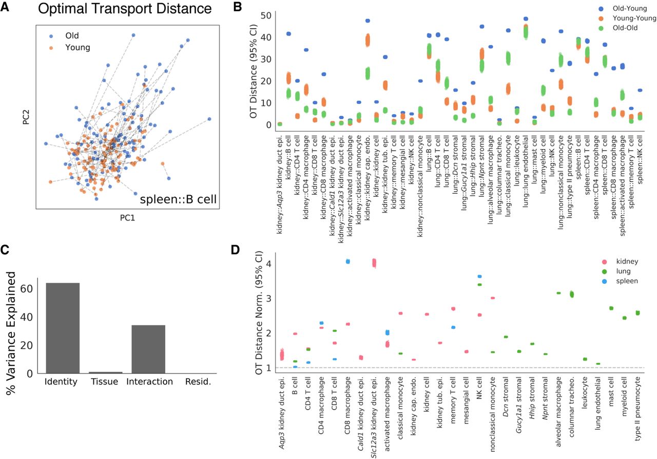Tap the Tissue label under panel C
click(x=105, y=382)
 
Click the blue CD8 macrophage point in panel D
click(x=347, y=262)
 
